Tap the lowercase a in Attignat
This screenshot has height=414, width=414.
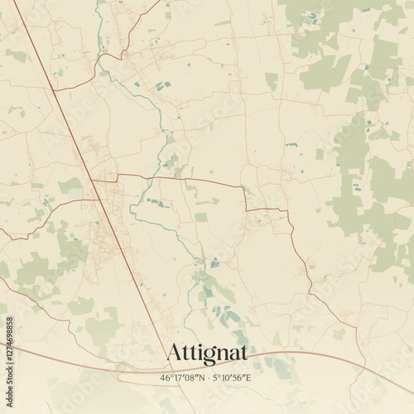(231, 354)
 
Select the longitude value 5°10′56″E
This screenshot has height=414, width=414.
(233, 377)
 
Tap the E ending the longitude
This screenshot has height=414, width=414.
(250, 377)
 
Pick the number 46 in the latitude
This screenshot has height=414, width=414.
(166, 377)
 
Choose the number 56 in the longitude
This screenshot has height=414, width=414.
(239, 377)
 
